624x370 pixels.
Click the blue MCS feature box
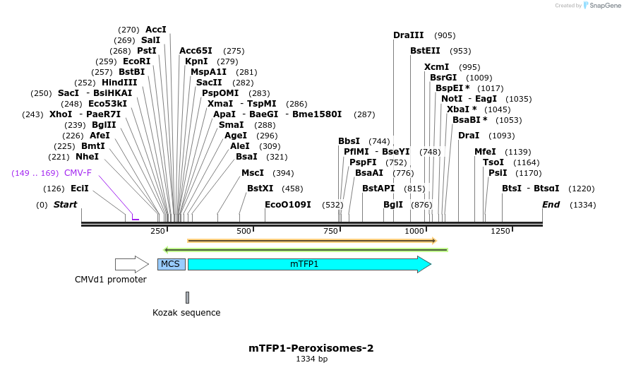(x=171, y=264)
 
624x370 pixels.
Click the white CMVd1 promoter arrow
(x=131, y=264)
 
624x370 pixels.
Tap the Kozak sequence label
(x=186, y=313)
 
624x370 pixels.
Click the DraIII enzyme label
(x=409, y=35)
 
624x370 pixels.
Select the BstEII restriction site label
(x=425, y=51)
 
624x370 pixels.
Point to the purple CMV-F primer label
(x=78, y=173)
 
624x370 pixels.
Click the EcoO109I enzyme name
(x=288, y=205)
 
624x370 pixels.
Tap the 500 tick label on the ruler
(x=244, y=232)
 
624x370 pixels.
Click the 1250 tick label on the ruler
(x=500, y=232)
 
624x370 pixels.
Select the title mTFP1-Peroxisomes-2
(x=311, y=348)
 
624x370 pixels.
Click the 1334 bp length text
(x=311, y=359)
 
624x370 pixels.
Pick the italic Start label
(x=65, y=205)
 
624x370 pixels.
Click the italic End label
(x=551, y=205)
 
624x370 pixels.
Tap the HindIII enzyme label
(x=119, y=83)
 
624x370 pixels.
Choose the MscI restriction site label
(x=253, y=173)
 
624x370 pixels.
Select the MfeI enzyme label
(x=485, y=152)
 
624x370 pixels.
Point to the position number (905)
(x=445, y=35)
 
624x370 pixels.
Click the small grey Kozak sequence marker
(x=187, y=297)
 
